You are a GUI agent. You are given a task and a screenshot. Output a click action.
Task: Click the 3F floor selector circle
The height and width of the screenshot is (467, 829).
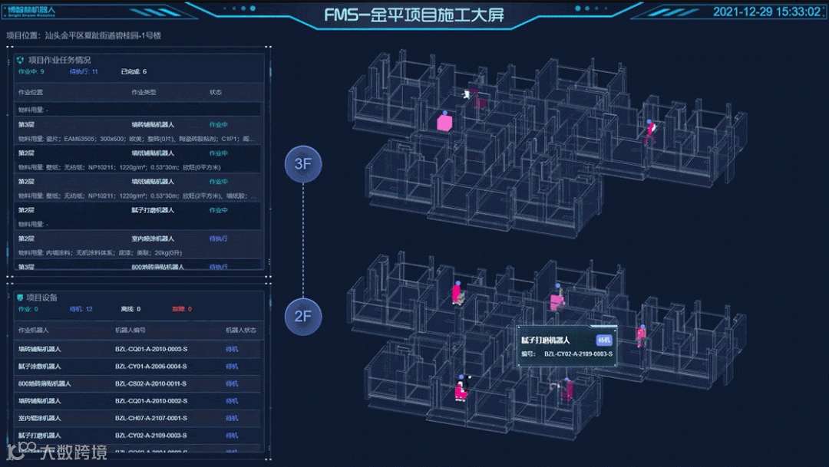tap(302, 163)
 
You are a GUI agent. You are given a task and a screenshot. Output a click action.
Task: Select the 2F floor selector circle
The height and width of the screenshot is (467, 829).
tap(302, 315)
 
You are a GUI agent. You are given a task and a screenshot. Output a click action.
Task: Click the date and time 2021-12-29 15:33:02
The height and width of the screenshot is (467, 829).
tap(766, 12)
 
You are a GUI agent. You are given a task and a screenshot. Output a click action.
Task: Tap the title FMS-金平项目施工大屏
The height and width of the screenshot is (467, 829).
tap(414, 15)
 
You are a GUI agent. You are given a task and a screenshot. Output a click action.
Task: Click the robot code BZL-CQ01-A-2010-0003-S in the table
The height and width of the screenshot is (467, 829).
tap(150, 349)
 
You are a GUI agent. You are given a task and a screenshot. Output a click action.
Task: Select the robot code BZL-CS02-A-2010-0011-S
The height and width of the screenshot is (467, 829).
tap(150, 383)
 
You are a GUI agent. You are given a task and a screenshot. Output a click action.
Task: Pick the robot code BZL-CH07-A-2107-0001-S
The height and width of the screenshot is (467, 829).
tap(150, 418)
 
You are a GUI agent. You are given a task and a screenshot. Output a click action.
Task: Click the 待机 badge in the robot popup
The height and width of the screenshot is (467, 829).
tap(604, 340)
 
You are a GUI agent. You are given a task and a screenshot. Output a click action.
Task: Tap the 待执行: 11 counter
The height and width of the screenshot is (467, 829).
tap(84, 72)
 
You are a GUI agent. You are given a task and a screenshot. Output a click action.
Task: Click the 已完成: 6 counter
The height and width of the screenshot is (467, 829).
tap(134, 72)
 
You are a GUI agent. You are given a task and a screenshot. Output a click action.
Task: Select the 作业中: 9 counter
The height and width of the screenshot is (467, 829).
tap(31, 72)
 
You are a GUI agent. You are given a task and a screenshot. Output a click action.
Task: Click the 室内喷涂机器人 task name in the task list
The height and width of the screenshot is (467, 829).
tap(153, 238)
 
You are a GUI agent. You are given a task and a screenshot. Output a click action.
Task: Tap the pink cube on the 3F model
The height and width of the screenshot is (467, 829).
tap(444, 122)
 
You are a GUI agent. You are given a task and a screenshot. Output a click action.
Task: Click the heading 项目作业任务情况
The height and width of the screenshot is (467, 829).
tap(59, 60)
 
